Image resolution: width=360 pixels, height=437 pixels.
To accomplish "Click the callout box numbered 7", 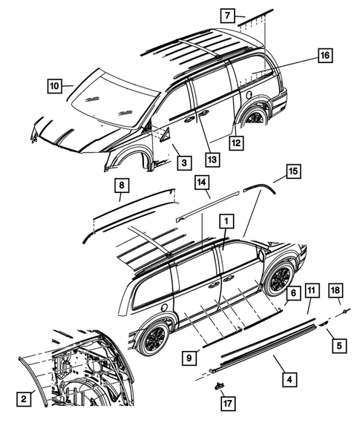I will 228,15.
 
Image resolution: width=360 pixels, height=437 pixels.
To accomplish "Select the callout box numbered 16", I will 325,56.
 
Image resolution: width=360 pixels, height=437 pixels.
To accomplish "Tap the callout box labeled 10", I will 54,85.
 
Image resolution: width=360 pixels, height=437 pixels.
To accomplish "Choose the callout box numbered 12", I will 235,142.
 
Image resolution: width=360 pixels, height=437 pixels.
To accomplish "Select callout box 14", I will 203,183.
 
